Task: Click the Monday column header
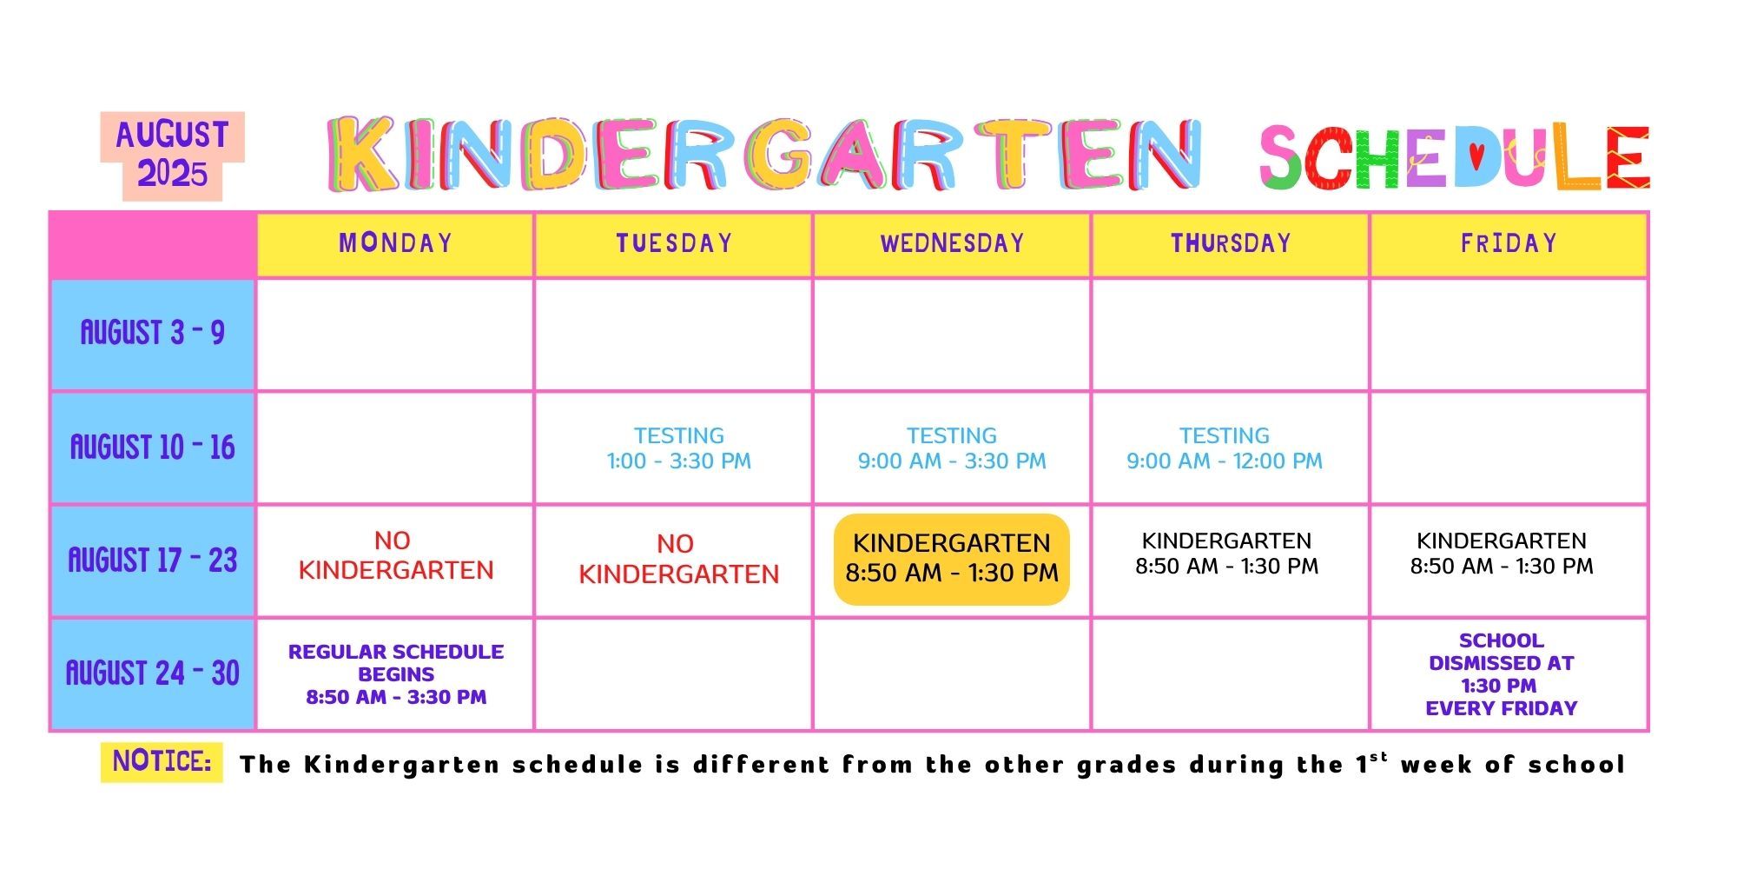pyautogui.click(x=395, y=243)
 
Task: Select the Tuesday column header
pyautogui.click(x=674, y=243)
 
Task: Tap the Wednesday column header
pyautogui.click(x=952, y=243)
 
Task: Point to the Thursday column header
pyautogui.click(x=1231, y=243)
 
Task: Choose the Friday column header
pyautogui.click(x=1509, y=243)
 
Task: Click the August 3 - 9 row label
pyautogui.click(x=153, y=334)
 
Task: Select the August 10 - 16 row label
pyautogui.click(x=153, y=448)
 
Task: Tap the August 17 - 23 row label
pyautogui.click(x=153, y=561)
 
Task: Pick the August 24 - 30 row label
pyautogui.click(x=153, y=673)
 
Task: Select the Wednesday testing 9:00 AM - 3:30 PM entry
pyautogui.click(x=952, y=448)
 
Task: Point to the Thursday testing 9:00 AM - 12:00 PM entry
pyautogui.click(x=1225, y=448)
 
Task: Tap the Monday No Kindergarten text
pyautogui.click(x=395, y=555)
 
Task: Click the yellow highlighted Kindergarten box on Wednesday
pyautogui.click(x=952, y=559)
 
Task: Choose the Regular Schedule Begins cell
pyautogui.click(x=396, y=674)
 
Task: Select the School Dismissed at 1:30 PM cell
pyautogui.click(x=1502, y=674)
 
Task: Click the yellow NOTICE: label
pyautogui.click(x=162, y=762)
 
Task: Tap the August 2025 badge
pyautogui.click(x=172, y=156)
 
